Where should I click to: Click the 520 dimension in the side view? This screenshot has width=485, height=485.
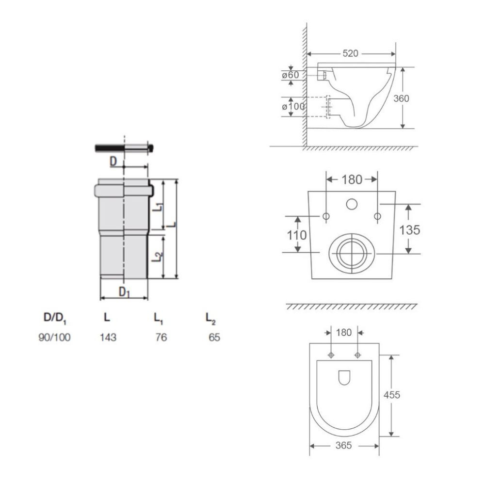pos(350,53)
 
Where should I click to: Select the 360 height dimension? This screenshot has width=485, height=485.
pos(401,98)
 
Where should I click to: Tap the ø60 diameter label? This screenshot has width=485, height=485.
pos(291,75)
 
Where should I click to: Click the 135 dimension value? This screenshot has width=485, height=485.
pos(409,230)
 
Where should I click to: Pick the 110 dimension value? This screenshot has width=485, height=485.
pos(297,235)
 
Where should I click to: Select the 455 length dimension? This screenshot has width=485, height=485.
pos(391,395)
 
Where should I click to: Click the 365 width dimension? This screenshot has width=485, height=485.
pos(344,445)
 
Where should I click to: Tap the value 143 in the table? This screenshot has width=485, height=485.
pos(108,337)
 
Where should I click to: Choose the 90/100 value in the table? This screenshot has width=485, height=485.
pos(54,337)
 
